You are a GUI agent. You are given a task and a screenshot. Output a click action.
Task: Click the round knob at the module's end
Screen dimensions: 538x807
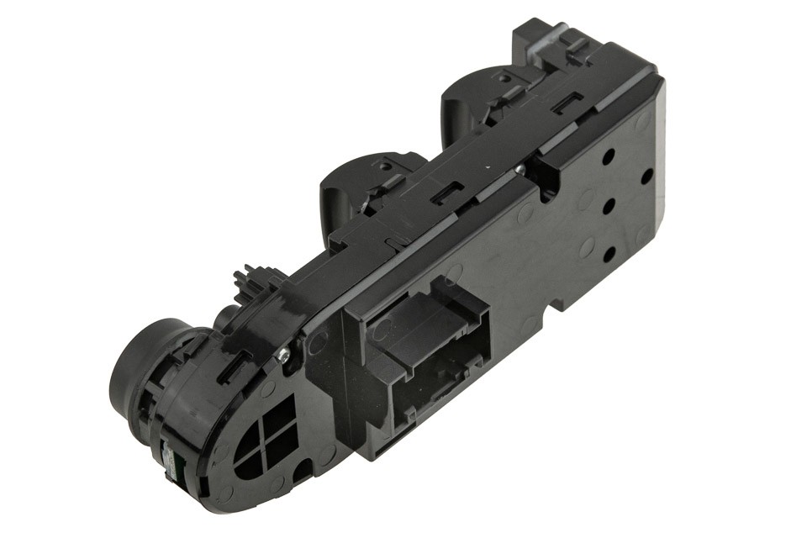click(139, 371)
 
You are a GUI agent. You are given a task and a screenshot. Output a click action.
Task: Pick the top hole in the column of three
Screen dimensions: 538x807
click(609, 156)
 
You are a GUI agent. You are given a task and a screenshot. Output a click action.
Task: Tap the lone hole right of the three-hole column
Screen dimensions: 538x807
click(646, 177)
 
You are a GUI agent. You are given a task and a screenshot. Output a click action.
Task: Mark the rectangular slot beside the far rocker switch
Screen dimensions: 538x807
click(562, 104)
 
